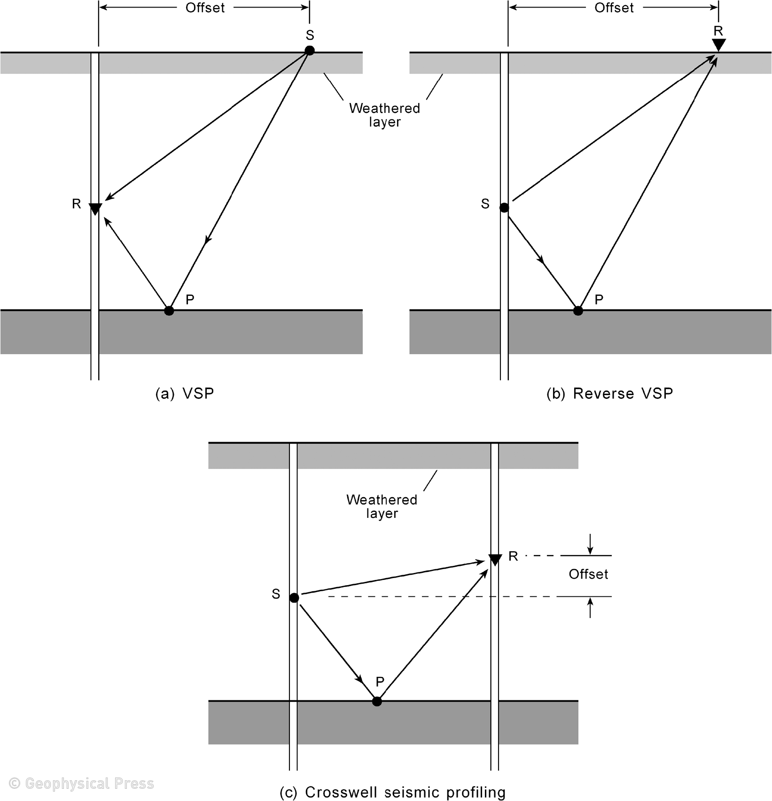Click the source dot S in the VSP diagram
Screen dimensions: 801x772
coord(309,50)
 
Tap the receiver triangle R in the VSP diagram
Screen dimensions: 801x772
coord(95,208)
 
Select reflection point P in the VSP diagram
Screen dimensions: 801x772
coord(169,310)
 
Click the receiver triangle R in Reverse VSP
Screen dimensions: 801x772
coord(718,45)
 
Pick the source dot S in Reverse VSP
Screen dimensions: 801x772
coord(504,207)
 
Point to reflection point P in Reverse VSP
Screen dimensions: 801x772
coord(578,310)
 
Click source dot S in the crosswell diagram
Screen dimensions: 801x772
coord(294,598)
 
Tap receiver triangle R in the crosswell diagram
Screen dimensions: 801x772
coord(495,560)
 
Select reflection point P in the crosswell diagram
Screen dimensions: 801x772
coord(377,701)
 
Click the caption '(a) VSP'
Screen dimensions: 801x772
coord(185,393)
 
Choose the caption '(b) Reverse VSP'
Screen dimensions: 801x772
coord(609,393)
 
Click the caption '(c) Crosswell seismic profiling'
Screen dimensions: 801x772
coord(392,792)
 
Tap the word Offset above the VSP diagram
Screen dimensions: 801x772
coord(205,8)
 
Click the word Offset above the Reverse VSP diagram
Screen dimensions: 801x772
coord(614,8)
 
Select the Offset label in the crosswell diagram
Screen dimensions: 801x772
coord(588,574)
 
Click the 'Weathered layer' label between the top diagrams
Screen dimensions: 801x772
coord(384,115)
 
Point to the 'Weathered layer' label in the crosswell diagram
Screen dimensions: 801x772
coord(382,506)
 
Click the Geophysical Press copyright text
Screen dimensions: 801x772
coord(82,783)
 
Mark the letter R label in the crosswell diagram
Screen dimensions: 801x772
coord(513,556)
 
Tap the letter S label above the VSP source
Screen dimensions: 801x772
coord(310,35)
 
